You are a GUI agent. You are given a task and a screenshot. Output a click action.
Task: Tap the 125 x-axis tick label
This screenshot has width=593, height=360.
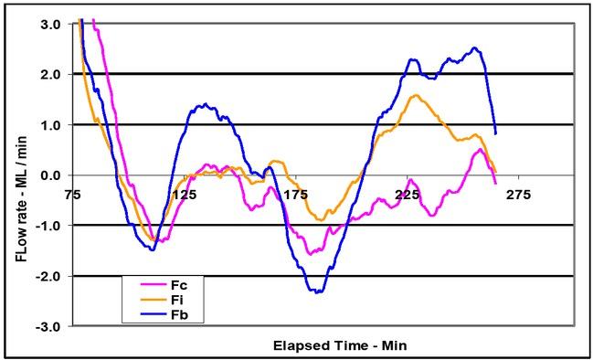pos(184,194)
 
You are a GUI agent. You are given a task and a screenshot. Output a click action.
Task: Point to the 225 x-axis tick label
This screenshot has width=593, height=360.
pos(407,194)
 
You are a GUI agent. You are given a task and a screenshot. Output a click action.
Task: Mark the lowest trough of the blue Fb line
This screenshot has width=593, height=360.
pos(318,292)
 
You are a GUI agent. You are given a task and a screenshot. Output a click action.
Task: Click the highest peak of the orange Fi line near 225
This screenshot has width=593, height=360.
pos(416,95)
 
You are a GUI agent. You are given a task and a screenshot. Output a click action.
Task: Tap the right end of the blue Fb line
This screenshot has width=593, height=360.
pos(495,133)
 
